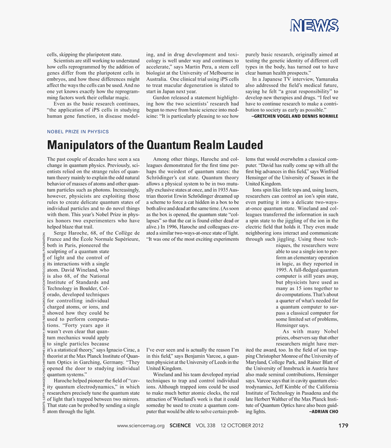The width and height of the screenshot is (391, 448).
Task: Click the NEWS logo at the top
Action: (x=314, y=26)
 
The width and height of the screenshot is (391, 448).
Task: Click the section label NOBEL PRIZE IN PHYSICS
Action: (x=78, y=132)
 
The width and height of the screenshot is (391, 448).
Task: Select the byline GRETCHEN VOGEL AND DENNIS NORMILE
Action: (x=295, y=116)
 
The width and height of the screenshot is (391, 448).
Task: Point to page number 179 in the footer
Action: (x=343, y=426)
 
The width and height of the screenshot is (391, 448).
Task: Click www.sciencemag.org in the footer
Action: (x=140, y=426)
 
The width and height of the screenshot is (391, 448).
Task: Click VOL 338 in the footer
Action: (x=205, y=426)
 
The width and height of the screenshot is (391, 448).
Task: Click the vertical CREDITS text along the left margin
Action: (x=44, y=323)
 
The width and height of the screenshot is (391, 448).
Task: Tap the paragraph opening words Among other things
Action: (x=175, y=159)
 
